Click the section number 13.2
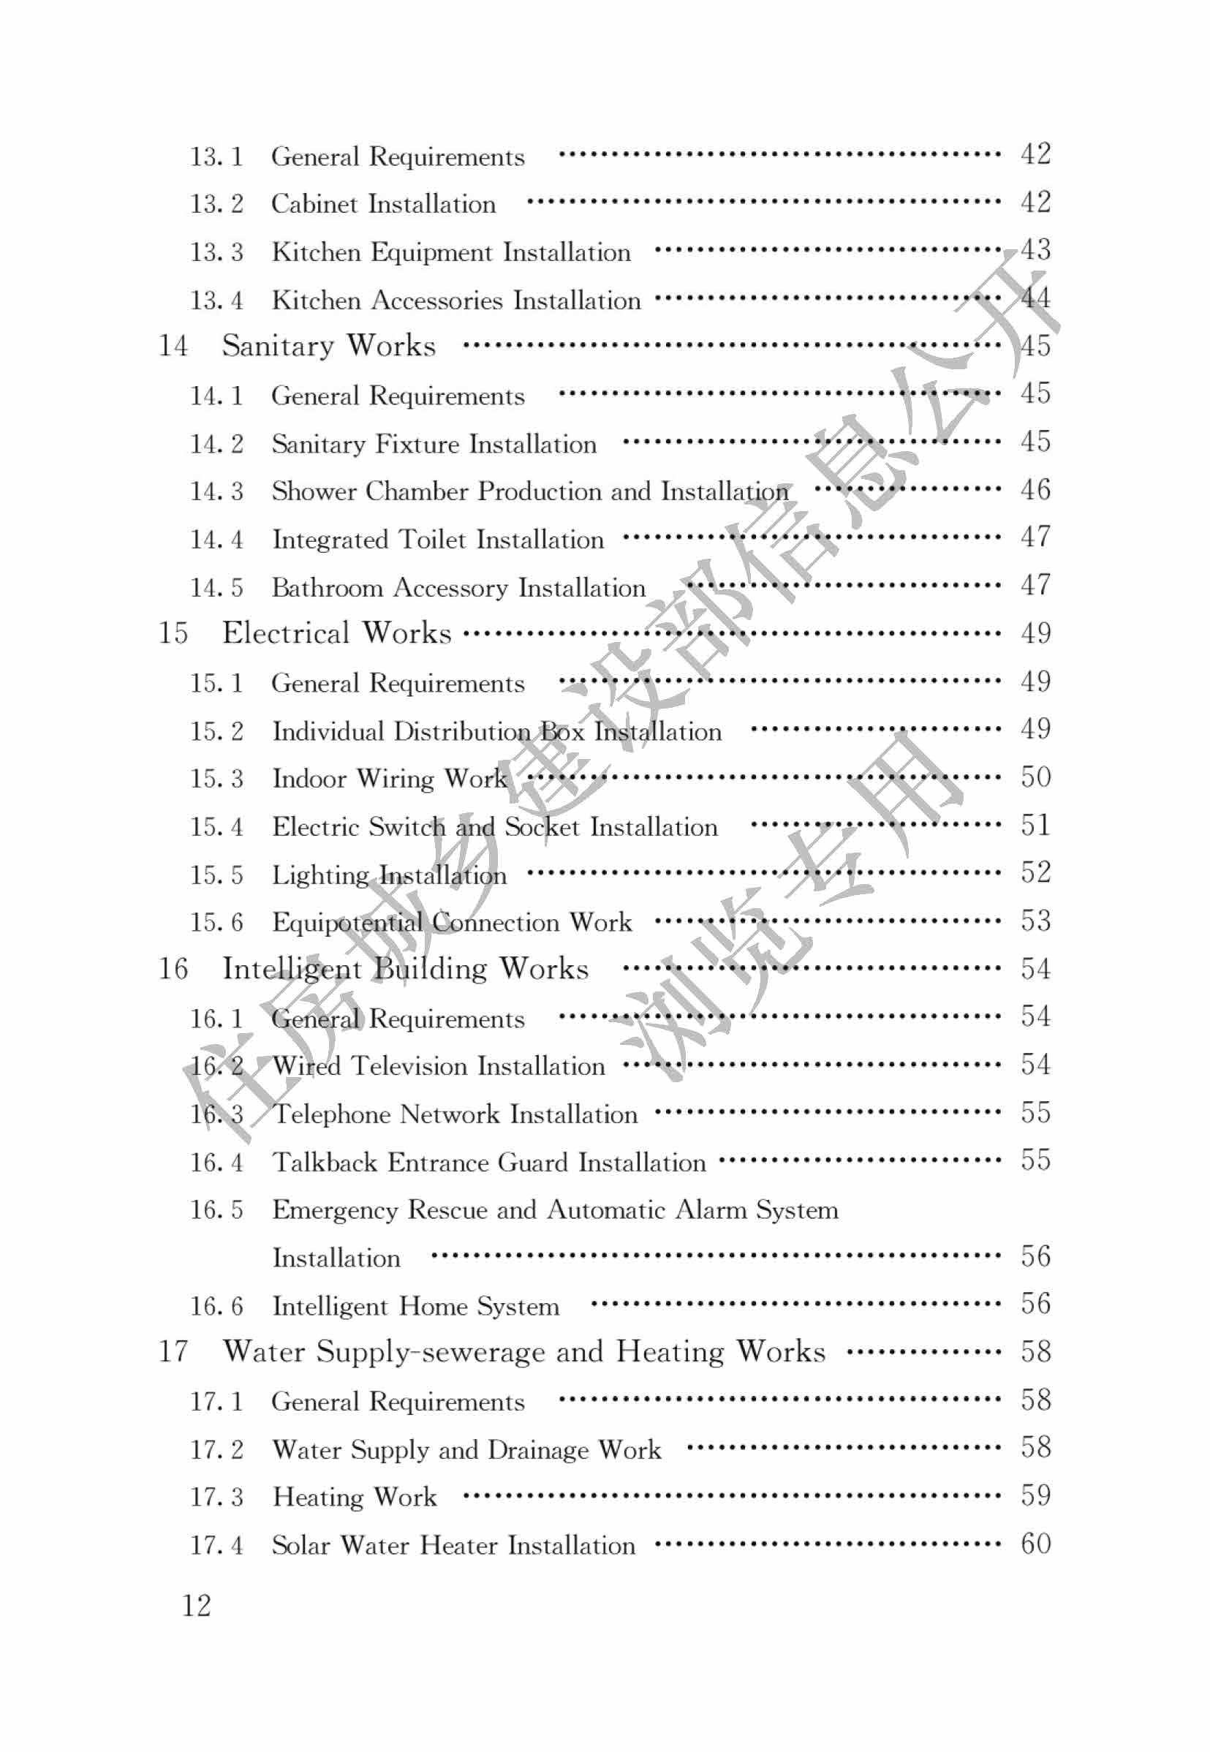coord(216,204)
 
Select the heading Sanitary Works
coord(328,346)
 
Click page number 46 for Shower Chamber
coord(1035,490)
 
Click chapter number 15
coord(173,633)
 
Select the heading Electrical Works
coord(336,633)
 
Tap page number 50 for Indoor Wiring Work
coord(1035,777)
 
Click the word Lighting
coord(320,875)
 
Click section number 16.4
coord(216,1162)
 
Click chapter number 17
coord(173,1352)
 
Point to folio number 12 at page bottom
coord(197,1606)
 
